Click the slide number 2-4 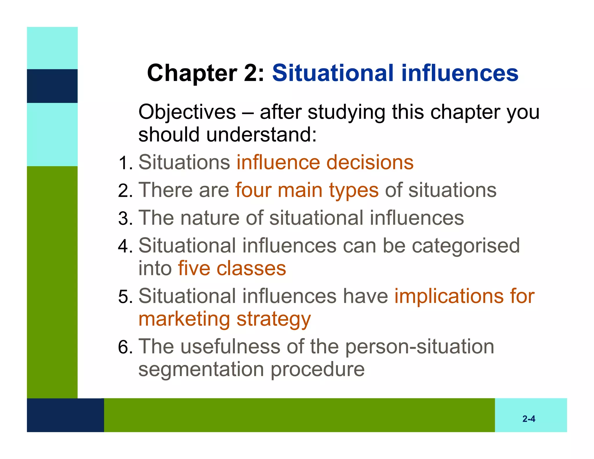[x=528, y=419]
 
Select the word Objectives [x=187, y=112]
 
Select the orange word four [x=253, y=190]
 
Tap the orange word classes [x=251, y=268]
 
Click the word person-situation [x=419, y=347]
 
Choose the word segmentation [x=201, y=370]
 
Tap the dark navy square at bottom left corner [x=65, y=415]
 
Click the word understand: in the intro [x=261, y=135]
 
